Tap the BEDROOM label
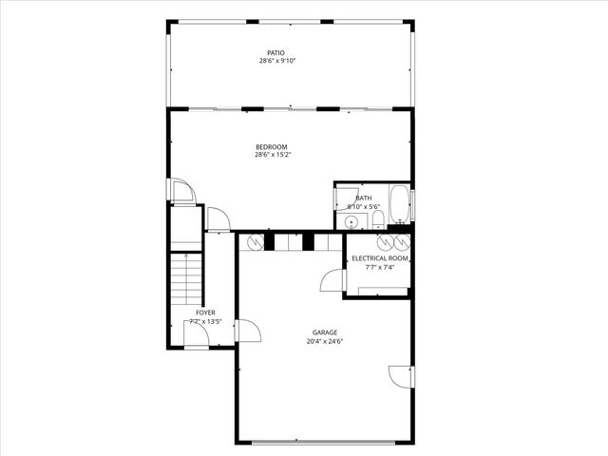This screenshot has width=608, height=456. click(x=271, y=146)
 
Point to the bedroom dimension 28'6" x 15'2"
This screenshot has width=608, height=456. click(x=272, y=155)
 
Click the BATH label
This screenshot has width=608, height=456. click(x=363, y=198)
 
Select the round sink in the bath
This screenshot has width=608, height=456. click(x=352, y=222)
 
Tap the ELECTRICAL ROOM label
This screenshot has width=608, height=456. click(x=380, y=258)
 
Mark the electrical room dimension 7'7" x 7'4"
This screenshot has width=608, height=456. click(x=379, y=267)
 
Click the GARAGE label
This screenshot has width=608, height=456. click(x=325, y=332)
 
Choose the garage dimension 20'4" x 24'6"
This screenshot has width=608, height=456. click(x=325, y=341)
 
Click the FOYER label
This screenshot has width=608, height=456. click(x=205, y=312)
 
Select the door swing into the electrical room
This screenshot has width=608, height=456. click(x=332, y=280)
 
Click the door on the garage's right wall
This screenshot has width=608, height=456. click(x=403, y=376)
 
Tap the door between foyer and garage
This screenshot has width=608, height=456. click(x=246, y=331)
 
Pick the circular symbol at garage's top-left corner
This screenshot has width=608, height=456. click(x=254, y=242)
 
